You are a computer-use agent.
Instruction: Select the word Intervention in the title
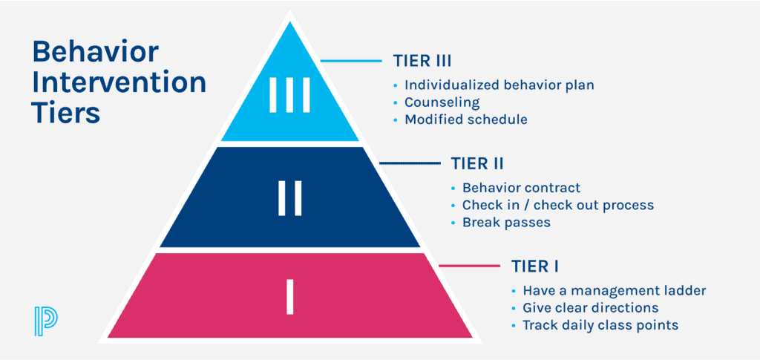118,83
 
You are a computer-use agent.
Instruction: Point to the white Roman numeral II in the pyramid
289,200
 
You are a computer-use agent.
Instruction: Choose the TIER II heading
479,163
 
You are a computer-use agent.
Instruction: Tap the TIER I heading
537,266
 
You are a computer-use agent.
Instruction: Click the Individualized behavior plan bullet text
499,85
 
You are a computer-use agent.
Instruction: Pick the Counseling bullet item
442,102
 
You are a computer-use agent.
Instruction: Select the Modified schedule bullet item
466,120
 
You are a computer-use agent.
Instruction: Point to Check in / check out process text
557,205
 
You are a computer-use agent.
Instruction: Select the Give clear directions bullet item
590,307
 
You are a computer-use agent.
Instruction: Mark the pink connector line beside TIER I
469,265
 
